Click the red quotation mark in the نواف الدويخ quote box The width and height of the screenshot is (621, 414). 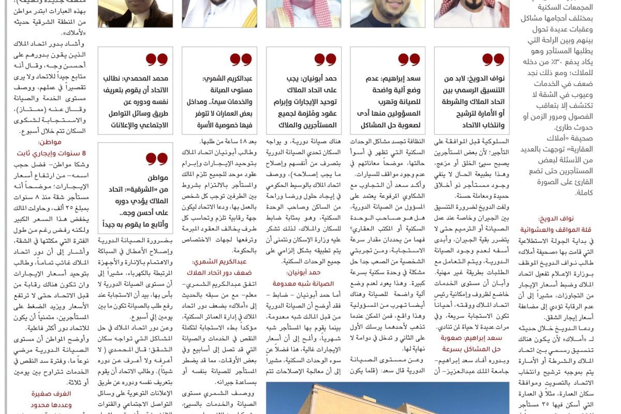click(x=493, y=60)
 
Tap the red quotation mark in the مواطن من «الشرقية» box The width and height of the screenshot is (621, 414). click(x=157, y=158)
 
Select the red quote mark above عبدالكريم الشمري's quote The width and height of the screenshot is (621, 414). click(x=241, y=60)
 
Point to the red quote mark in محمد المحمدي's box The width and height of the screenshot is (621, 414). click(x=157, y=60)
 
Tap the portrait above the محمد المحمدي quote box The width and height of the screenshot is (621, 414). click(x=136, y=13)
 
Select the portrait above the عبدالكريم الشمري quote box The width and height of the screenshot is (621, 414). click(x=219, y=13)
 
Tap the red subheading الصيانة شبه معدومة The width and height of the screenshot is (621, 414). click(x=303, y=283)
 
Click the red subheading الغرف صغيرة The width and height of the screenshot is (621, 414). click(x=51, y=394)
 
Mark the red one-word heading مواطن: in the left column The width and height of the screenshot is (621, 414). click(x=50, y=142)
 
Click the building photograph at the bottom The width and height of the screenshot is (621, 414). click(x=387, y=398)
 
